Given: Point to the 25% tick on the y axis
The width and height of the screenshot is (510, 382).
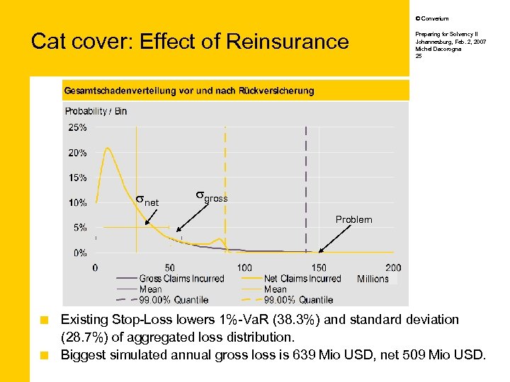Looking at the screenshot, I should point(78,127).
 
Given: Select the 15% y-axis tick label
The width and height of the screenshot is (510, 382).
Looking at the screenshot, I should point(78,178).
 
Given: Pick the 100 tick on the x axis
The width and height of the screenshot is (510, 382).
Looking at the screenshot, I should point(244,267).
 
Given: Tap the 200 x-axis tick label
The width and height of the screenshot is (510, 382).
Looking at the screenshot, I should point(393,267).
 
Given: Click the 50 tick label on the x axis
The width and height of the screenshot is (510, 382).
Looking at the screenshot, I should point(170,267).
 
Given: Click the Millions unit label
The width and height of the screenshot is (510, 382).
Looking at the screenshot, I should point(373,279).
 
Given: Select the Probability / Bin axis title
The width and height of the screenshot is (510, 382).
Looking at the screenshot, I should point(96,111).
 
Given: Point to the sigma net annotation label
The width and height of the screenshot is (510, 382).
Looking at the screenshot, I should point(147,202).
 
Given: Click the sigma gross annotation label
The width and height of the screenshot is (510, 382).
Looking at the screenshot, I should point(211,197).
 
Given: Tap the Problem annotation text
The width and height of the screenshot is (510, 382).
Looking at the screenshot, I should point(353,219).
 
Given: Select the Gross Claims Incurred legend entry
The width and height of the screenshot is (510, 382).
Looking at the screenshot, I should point(181,279).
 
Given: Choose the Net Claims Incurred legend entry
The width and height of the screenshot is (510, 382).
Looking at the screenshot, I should point(302,279).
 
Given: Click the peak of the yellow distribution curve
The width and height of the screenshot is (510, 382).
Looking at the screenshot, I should point(108,149).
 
